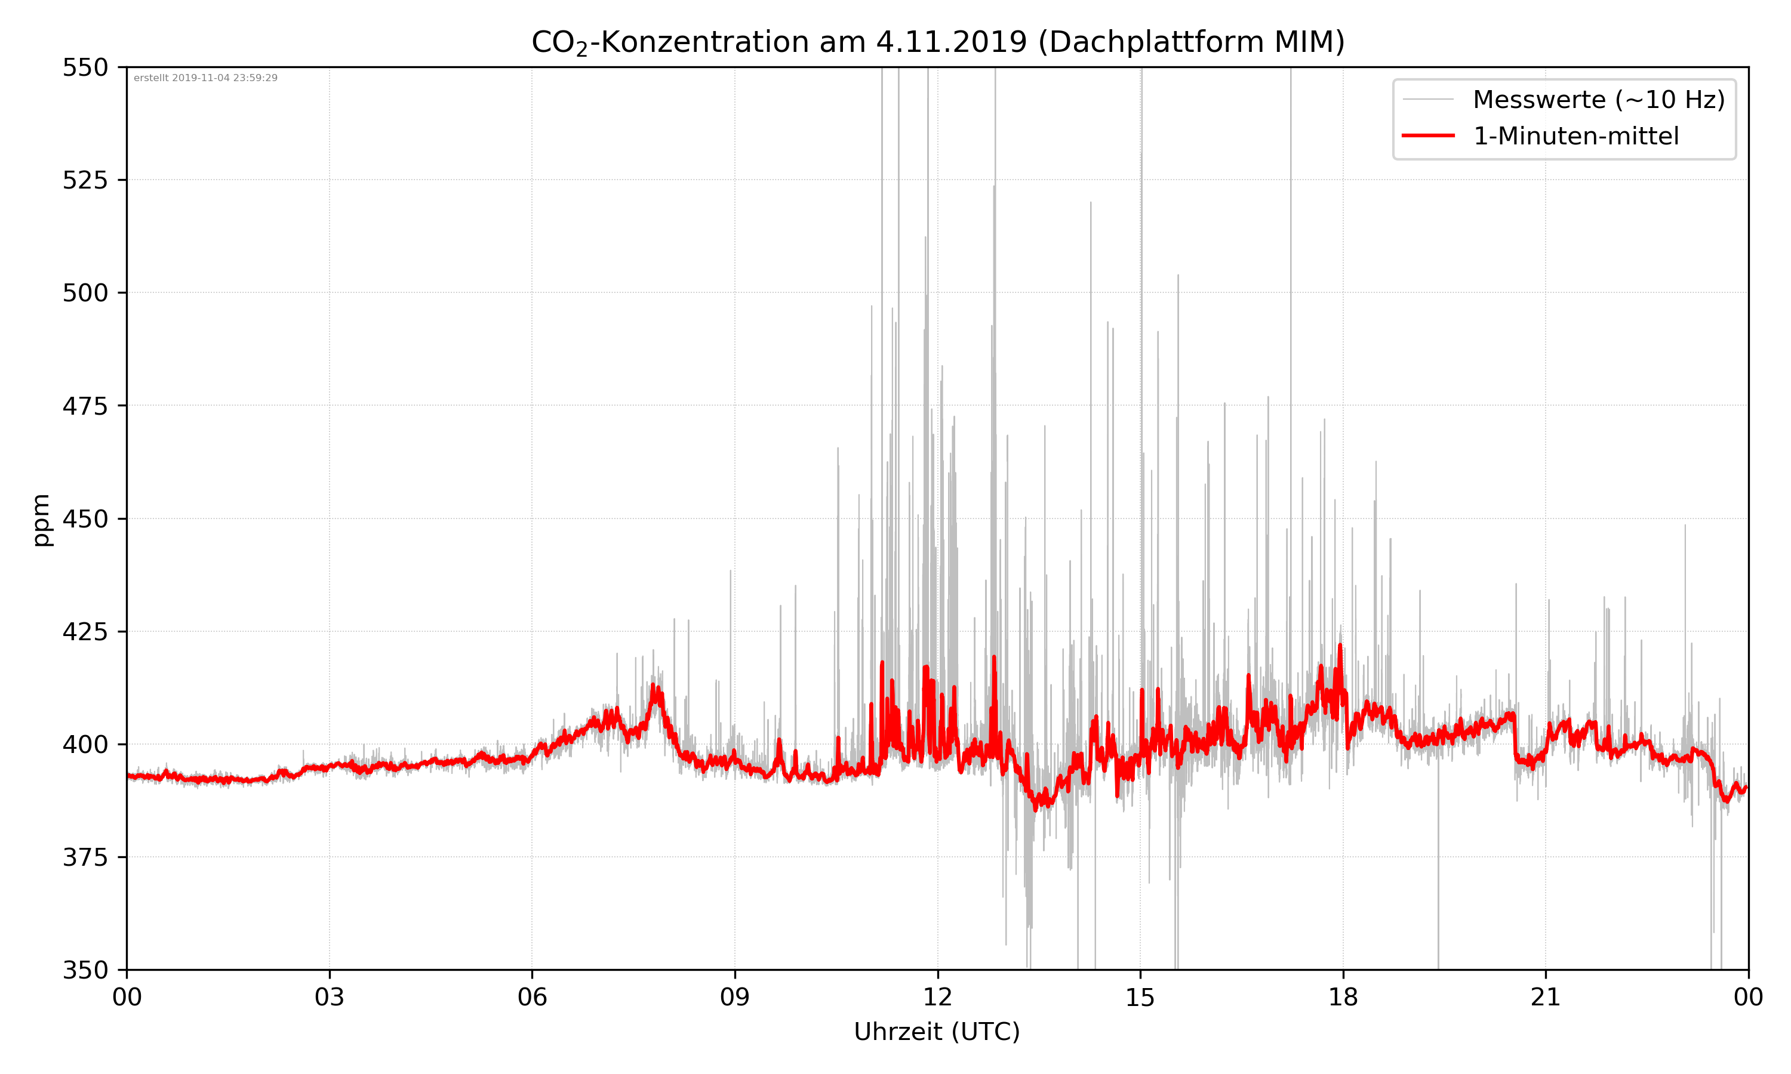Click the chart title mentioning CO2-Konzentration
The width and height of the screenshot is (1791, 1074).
[x=937, y=42]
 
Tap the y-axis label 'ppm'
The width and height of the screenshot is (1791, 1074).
[x=42, y=520]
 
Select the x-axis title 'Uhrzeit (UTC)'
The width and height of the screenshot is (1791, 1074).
[x=937, y=1031]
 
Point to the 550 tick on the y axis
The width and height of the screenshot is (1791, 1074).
[x=85, y=67]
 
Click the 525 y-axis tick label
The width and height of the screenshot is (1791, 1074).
[x=85, y=180]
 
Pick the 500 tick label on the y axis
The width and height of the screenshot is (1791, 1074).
[x=85, y=293]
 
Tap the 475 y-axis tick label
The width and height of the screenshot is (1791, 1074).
[x=85, y=406]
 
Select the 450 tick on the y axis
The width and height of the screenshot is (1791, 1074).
[x=85, y=519]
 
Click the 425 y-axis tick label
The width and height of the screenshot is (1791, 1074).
[x=85, y=632]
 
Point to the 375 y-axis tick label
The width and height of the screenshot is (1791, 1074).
[x=85, y=857]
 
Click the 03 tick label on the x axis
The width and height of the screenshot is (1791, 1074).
[x=330, y=997]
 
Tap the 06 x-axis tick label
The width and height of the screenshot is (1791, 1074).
[x=532, y=997]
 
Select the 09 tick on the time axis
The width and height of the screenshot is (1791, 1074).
[x=735, y=997]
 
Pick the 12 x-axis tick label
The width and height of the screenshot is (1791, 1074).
[x=937, y=997]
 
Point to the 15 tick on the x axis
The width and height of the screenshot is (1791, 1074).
[x=1140, y=997]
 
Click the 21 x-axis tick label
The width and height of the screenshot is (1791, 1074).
[x=1546, y=997]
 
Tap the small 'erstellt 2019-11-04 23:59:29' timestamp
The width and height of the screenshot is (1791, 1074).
[x=205, y=78]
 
